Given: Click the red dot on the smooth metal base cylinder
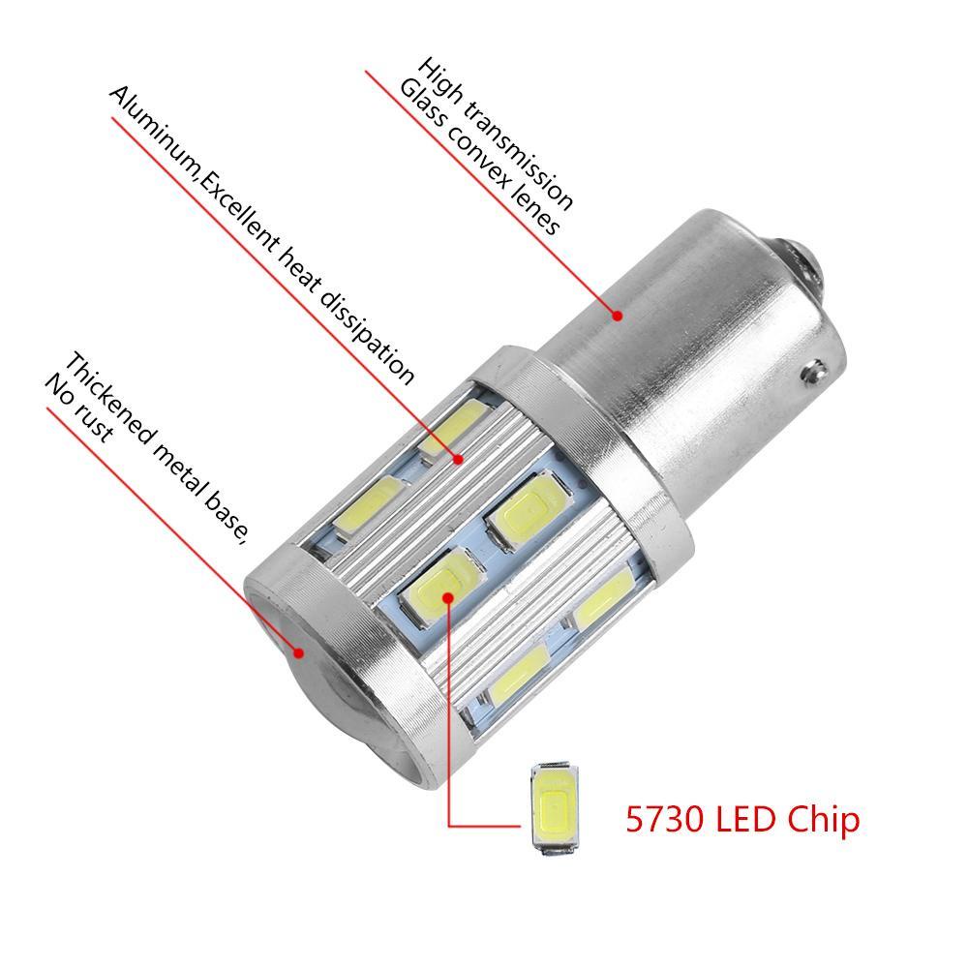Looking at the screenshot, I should pyautogui.click(x=617, y=313).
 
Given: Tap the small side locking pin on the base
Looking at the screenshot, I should pyautogui.click(x=818, y=373).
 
